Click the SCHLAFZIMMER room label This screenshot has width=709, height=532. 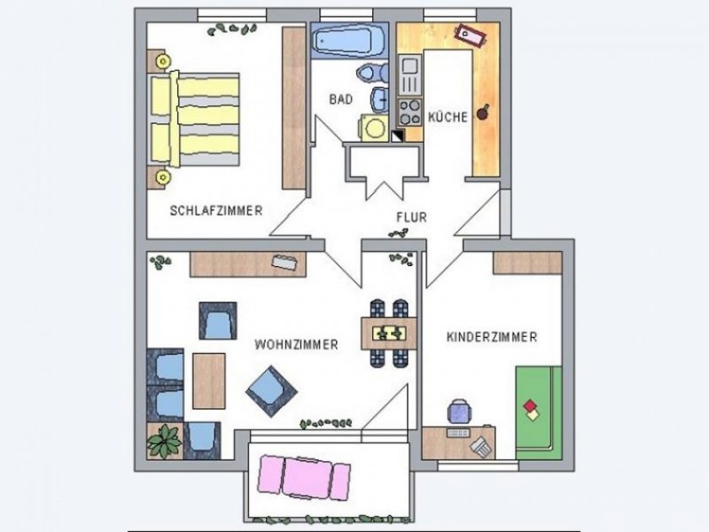(x=216, y=210)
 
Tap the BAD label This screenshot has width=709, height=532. (x=341, y=99)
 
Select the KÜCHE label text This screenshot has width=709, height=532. (x=448, y=117)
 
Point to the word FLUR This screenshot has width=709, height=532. (x=411, y=217)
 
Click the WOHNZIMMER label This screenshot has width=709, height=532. (x=296, y=345)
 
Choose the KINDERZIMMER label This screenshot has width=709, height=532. (x=492, y=337)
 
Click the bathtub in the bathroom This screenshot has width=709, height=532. (x=348, y=40)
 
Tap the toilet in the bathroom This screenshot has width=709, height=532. (x=372, y=72)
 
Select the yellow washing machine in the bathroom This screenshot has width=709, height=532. (x=374, y=128)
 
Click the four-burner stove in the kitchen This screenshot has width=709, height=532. (x=409, y=113)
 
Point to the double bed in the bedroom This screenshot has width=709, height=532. (x=193, y=119)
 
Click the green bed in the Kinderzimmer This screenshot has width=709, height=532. (x=539, y=412)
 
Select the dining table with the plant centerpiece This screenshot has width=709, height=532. (x=389, y=333)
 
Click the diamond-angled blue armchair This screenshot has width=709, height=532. (x=271, y=391)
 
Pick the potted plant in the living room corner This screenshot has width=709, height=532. (x=164, y=441)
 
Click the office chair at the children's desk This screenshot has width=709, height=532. (x=460, y=411)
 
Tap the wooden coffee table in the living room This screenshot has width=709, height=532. (x=209, y=381)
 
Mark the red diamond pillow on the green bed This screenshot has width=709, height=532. (x=529, y=406)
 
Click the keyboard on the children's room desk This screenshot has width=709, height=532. (x=458, y=433)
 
